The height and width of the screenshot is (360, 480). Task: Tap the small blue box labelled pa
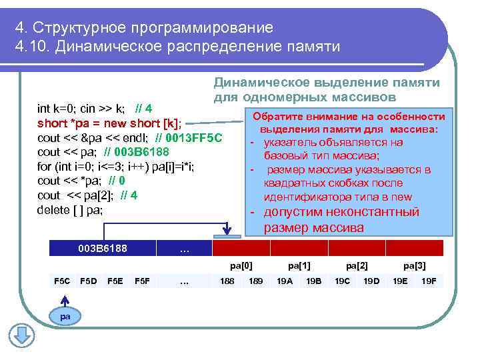[65, 316]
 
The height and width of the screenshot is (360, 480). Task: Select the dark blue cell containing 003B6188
[102, 249]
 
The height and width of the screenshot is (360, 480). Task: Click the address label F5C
[61, 281]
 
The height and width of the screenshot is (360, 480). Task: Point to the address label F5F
[142, 281]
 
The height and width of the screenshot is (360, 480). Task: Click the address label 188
[227, 281]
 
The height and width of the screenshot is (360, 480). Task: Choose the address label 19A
[284, 281]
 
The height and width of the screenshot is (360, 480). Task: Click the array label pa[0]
[241, 265]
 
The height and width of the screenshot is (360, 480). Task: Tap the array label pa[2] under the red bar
[357, 265]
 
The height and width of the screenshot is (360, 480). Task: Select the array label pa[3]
[415, 265]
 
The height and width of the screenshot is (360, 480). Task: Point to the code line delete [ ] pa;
[72, 209]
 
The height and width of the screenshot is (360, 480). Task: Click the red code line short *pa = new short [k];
[109, 123]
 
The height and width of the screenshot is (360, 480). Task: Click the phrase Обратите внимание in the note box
[301, 117]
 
